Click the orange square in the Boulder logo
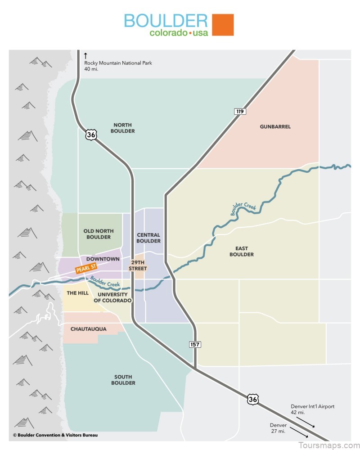(223, 25)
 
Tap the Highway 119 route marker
(240, 111)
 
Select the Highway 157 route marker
(194, 344)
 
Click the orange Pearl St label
(86, 269)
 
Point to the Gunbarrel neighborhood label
(275, 126)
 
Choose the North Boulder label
(124, 128)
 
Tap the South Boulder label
(124, 380)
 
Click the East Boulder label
(244, 251)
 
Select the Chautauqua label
(89, 329)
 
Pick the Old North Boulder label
(99, 234)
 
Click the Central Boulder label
(148, 238)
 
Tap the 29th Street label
(138, 265)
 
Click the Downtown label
(103, 259)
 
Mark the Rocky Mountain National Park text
(118, 66)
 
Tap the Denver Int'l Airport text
(312, 409)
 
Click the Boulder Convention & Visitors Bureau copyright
(55, 435)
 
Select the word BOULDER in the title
(166, 21)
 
